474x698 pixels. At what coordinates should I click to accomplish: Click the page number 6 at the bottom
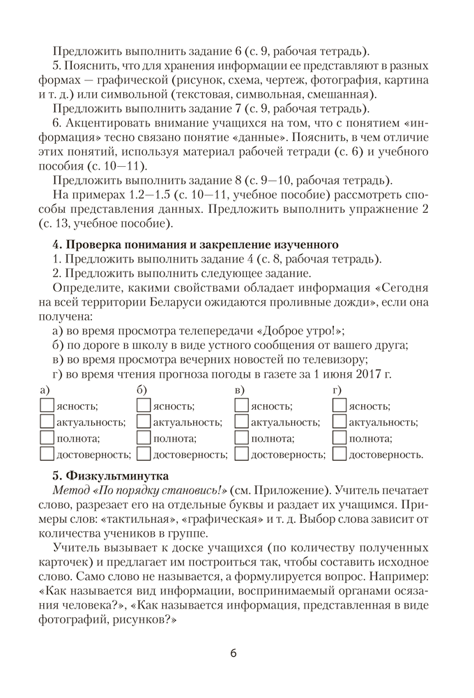234,653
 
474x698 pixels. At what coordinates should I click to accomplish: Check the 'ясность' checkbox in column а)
47,405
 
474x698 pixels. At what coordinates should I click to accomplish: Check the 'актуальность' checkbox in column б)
144,422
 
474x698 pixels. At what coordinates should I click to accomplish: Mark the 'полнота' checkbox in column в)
241,438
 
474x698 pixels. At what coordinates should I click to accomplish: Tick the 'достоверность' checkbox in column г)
339,454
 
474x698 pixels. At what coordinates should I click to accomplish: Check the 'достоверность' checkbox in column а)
47,454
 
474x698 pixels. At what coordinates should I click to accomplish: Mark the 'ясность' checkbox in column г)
339,405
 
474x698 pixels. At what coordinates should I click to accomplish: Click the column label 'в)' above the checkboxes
240,389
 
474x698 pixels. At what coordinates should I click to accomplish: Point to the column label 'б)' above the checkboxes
142,389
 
